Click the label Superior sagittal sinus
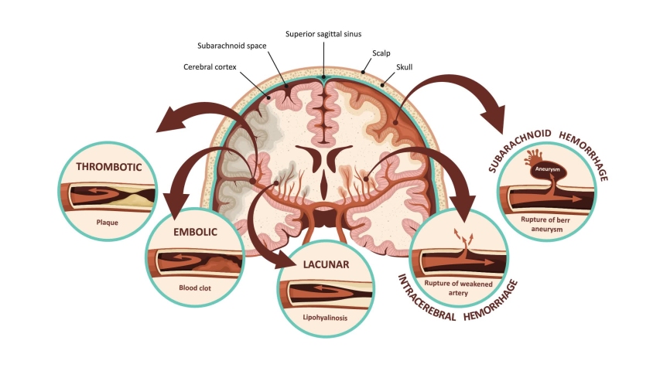click(x=323, y=34)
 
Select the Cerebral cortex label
click(x=210, y=66)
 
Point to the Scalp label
click(x=381, y=53)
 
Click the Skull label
click(x=405, y=68)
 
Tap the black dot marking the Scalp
click(x=363, y=70)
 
